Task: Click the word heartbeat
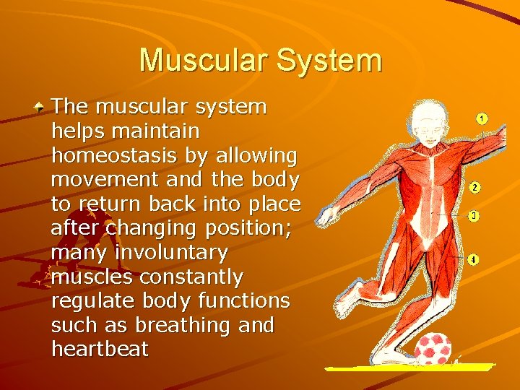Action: click(100, 350)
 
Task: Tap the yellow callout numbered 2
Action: click(474, 187)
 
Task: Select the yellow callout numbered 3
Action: click(474, 216)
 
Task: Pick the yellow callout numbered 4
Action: click(473, 259)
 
